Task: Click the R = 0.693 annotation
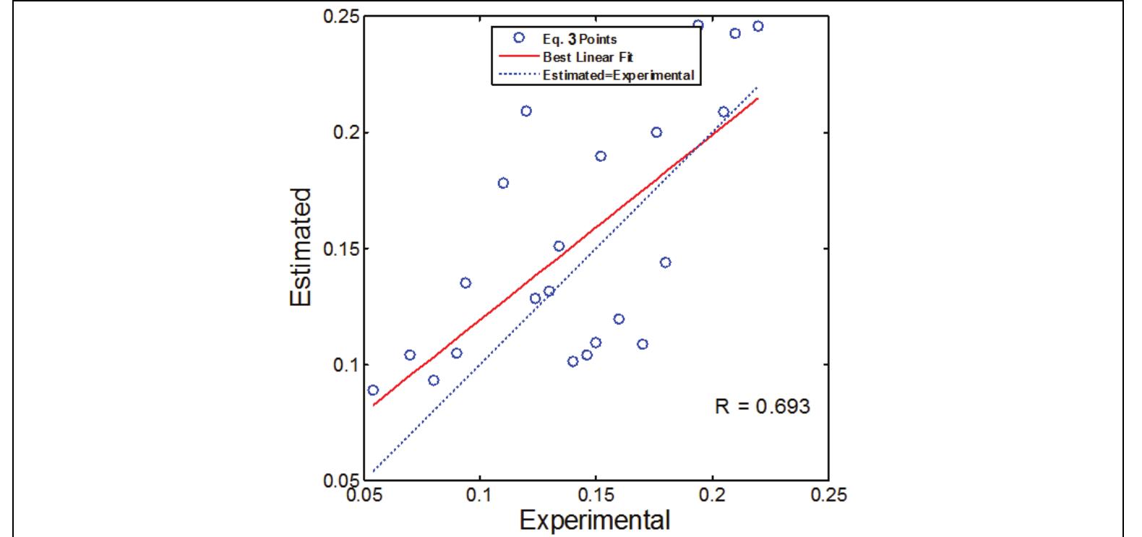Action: click(x=763, y=407)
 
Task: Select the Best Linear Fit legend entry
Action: click(x=588, y=56)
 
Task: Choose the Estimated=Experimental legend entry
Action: click(x=618, y=74)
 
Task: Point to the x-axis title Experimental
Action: click(x=595, y=520)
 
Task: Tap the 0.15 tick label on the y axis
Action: click(x=338, y=249)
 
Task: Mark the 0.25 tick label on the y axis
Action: click(x=338, y=17)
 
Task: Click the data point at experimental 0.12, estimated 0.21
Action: click(x=526, y=111)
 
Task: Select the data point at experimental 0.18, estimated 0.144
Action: click(x=666, y=262)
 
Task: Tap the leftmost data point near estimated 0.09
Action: click(x=373, y=390)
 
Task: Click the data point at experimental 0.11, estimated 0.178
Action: click(x=503, y=183)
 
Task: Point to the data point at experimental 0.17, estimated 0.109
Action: click(x=643, y=344)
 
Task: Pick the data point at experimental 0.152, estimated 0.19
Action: click(x=601, y=156)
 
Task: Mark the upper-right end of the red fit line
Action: click(x=758, y=98)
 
